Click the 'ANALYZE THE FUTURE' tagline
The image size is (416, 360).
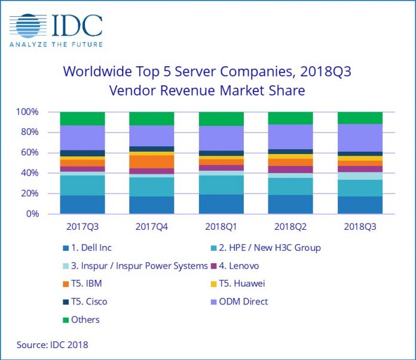(x=56, y=44)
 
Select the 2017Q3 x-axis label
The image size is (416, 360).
(x=82, y=227)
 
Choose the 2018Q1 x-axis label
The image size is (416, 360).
(x=221, y=227)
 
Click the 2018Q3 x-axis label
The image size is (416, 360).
(x=359, y=227)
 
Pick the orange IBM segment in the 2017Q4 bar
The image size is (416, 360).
(x=151, y=162)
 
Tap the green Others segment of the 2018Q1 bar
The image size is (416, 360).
(x=221, y=119)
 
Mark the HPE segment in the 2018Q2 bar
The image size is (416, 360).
(x=290, y=186)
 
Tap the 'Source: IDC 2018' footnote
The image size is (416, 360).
(x=52, y=345)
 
